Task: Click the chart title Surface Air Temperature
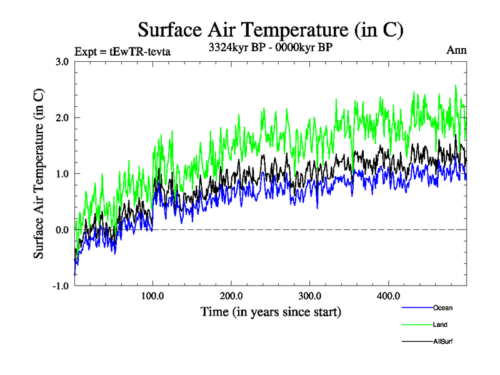click(271, 29)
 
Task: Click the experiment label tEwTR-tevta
click(122, 52)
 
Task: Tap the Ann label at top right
click(456, 50)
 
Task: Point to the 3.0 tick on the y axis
click(62, 61)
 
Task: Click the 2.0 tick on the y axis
click(62, 117)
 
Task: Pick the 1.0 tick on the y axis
click(62, 174)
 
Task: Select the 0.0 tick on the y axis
click(62, 230)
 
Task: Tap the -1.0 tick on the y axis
click(61, 286)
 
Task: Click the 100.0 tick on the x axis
click(153, 296)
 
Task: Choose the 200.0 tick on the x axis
click(231, 296)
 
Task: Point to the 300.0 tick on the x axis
click(310, 296)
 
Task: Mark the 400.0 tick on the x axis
click(389, 296)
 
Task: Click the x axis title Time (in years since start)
click(271, 311)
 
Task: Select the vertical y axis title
click(39, 174)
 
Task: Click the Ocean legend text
click(442, 307)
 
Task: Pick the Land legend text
click(440, 324)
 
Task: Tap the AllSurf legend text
click(443, 341)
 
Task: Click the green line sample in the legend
click(416, 324)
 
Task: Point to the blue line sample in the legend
click(416, 307)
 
